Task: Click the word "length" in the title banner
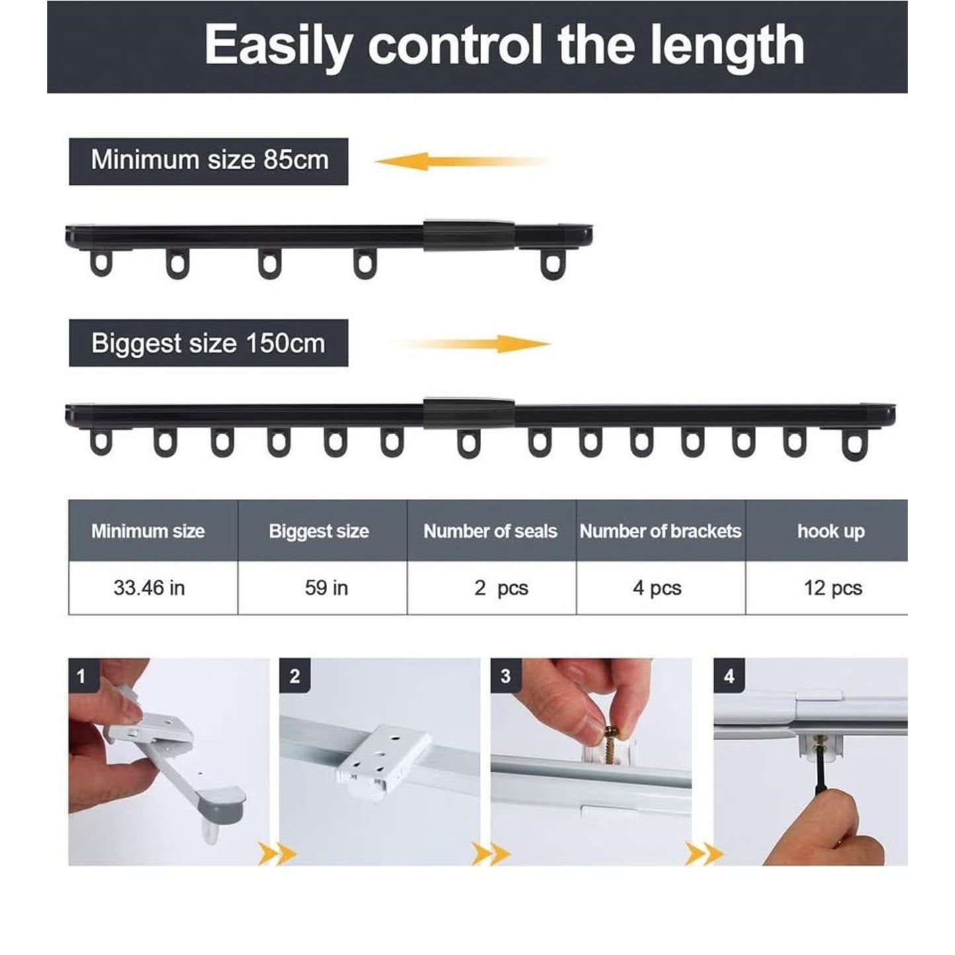coord(728,46)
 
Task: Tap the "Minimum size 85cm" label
coord(209,161)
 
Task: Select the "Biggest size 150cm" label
coord(209,343)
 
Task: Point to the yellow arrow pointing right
coord(475,344)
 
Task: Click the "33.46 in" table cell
coord(149,588)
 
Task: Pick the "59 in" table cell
coord(326,588)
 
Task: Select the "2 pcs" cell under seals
coord(501,588)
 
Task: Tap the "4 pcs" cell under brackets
coord(657,588)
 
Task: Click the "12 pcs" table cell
coord(833,588)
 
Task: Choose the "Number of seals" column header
coord(490,531)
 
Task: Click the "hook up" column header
coord(831,531)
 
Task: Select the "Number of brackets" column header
coord(661,531)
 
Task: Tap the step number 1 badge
coord(82,676)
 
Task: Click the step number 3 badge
coord(506,676)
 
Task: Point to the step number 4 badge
coord(729,676)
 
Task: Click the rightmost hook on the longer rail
coord(853,445)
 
